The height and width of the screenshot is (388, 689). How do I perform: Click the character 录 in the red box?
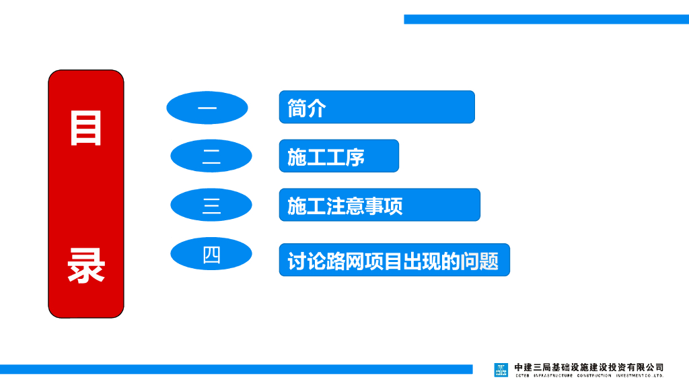coord(85,266)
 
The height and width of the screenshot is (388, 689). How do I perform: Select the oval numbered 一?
coord(207,108)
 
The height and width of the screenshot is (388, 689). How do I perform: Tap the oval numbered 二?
coord(211,156)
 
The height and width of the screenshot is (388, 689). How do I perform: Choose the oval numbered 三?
coord(211,205)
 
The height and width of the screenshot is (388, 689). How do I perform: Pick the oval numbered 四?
coord(211,254)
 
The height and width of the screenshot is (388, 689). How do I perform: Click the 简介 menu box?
coord(377,107)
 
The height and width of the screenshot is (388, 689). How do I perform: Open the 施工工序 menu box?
coord(338,156)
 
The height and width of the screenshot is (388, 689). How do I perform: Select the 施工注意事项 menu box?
coord(379,205)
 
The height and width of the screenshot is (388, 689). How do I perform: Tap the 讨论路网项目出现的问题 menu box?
coord(394,260)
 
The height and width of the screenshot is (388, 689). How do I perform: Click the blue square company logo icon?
coord(501,370)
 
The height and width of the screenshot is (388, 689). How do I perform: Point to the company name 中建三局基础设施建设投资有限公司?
coord(589,367)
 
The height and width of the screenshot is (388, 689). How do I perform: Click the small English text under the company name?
coord(589,376)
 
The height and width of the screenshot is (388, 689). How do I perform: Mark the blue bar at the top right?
coord(546,19)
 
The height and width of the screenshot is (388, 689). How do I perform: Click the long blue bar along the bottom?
coord(235,369)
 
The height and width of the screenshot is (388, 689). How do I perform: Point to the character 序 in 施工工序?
coord(355,157)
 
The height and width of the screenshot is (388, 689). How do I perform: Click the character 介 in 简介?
coord(316,108)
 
